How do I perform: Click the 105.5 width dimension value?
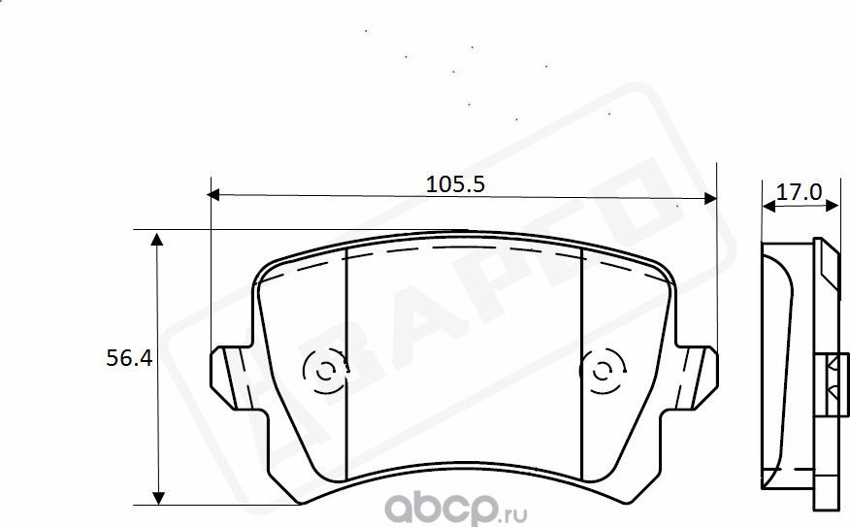(454, 182)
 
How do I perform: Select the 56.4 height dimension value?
(128, 358)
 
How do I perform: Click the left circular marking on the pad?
(323, 370)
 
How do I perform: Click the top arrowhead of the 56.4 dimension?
(156, 239)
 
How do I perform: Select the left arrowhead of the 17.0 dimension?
(768, 206)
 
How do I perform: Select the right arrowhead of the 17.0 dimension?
(832, 206)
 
